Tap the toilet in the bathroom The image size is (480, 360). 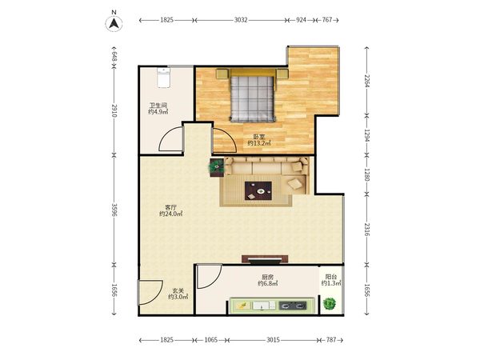[163, 78]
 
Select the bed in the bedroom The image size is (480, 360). [252, 95]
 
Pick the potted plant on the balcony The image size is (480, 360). [330, 304]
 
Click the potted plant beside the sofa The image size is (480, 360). [217, 166]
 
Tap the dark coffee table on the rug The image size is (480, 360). [258, 190]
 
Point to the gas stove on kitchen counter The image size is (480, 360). [293, 306]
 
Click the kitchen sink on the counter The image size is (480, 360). [261, 306]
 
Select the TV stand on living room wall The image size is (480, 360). [265, 259]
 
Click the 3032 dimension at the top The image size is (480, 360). [241, 20]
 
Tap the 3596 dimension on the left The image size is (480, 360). [114, 210]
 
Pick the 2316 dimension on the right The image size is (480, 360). [366, 230]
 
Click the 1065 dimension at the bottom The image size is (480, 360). [211, 340]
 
